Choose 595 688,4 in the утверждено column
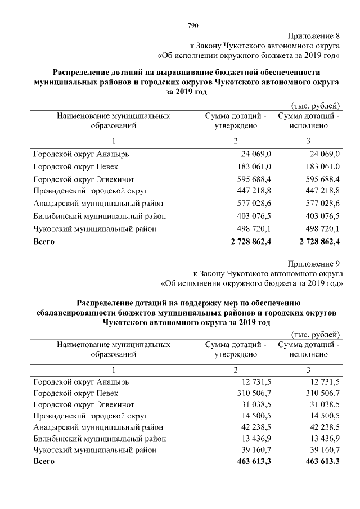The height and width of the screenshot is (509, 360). pyautogui.click(x=253, y=179)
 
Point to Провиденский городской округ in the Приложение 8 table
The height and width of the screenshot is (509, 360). pyautogui.click(x=90, y=191)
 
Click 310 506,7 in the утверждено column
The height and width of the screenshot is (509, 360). pyautogui.click(x=253, y=392)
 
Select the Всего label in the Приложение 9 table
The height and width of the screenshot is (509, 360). pyautogui.click(x=44, y=462)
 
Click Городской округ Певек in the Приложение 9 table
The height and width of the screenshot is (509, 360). pyautogui.click(x=76, y=392)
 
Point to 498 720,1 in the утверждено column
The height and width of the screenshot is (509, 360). pyautogui.click(x=253, y=229)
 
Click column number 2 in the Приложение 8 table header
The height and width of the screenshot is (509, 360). pyautogui.click(x=236, y=141)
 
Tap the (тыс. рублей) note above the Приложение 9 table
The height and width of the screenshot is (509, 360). pyautogui.click(x=315, y=334)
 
